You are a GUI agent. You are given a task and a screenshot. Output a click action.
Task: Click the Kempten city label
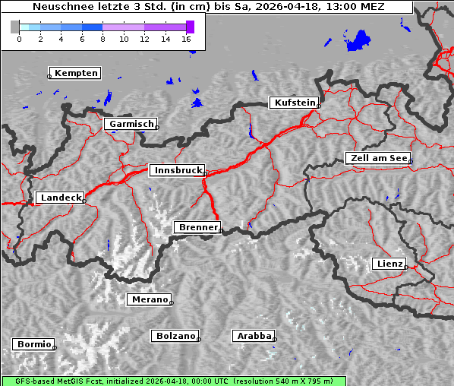76,73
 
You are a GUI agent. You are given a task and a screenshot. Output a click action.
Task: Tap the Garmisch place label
131,124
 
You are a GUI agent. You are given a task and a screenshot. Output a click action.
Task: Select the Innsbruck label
177,171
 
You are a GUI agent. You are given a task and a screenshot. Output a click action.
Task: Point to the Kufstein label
295,103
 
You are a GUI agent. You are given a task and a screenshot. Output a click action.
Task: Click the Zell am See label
378,158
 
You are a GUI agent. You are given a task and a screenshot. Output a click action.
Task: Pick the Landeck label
61,198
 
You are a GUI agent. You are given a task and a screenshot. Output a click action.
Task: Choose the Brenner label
198,227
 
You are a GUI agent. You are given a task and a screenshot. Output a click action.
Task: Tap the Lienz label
389,264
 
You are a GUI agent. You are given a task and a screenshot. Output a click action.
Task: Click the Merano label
150,299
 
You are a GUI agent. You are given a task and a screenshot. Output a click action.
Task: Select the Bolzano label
175,335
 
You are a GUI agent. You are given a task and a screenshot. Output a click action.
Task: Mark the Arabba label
253,335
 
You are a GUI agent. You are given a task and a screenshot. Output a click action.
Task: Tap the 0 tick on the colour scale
19,38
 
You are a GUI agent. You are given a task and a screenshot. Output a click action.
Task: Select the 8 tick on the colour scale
102,38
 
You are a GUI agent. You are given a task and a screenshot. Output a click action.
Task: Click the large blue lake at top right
358,40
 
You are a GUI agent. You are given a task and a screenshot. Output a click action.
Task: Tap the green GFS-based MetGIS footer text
173,381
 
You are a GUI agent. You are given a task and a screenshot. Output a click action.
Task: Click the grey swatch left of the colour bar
14,27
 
